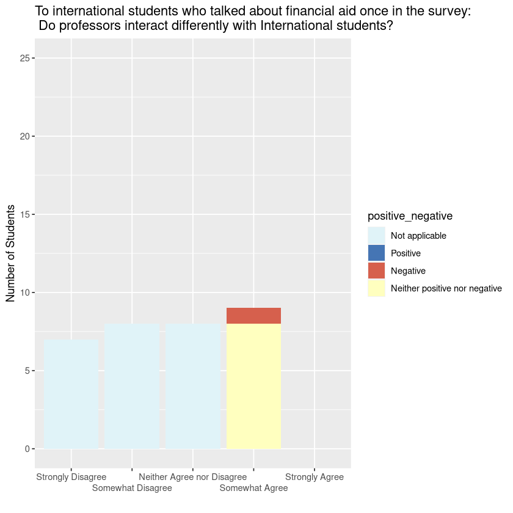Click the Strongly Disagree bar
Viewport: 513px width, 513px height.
click(71, 394)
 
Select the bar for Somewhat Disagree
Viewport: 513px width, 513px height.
click(132, 386)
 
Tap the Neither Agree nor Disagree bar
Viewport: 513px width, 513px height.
click(193, 386)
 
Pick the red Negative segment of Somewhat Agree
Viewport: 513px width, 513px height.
click(253, 316)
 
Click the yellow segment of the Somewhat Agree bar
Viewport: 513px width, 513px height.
click(253, 386)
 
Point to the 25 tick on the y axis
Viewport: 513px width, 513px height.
click(24, 58)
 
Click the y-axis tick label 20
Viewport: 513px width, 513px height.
click(24, 136)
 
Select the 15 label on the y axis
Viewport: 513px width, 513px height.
click(24, 214)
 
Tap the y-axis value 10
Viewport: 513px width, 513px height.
click(24, 293)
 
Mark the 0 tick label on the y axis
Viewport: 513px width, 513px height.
click(27, 449)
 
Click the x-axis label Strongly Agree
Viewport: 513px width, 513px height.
click(315, 477)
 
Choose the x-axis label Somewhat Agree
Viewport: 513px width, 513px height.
click(253, 488)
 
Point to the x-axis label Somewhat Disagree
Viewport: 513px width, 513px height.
click(132, 488)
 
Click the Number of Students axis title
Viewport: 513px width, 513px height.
click(10, 253)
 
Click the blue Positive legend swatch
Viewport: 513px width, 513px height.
click(376, 253)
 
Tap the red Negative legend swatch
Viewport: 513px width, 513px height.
click(376, 271)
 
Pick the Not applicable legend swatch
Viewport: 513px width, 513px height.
click(376, 235)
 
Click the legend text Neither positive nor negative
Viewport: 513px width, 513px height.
click(446, 288)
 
